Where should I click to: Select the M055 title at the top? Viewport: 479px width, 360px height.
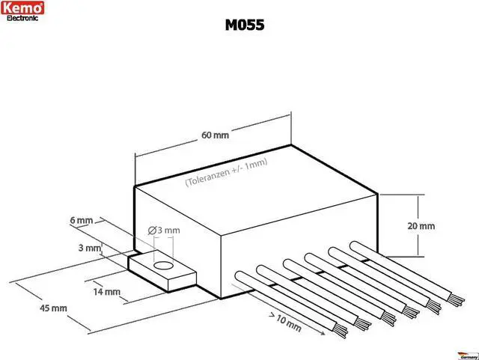pyautogui.click(x=244, y=25)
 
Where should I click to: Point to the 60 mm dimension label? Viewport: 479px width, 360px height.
pyautogui.click(x=214, y=135)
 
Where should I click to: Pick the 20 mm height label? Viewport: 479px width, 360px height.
pyautogui.click(x=421, y=225)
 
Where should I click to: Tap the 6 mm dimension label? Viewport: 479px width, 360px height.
pyautogui.click(x=80, y=220)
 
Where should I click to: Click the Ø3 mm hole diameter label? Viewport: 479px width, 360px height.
pyautogui.click(x=160, y=231)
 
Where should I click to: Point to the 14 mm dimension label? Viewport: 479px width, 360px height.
pyautogui.click(x=106, y=292)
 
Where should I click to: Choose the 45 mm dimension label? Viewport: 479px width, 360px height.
pyautogui.click(x=53, y=308)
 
